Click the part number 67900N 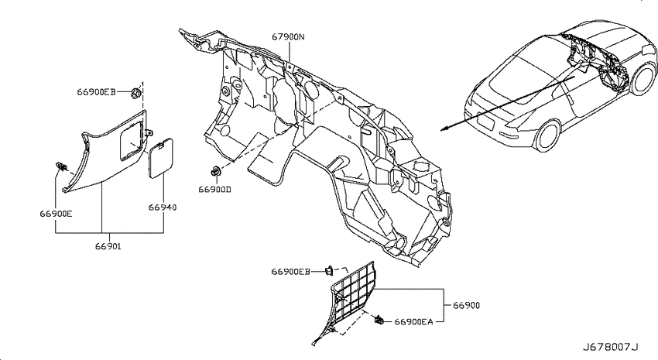click(288, 37)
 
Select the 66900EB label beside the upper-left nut click(96, 92)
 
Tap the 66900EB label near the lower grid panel click(290, 272)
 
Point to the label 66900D click(215, 190)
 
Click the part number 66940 click(163, 207)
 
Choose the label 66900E click(56, 214)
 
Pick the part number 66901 click(108, 247)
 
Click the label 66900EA click(413, 322)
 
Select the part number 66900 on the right click(466, 306)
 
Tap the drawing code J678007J click(610, 347)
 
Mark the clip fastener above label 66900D click(215, 172)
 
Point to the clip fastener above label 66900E click(61, 167)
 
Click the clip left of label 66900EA click(379, 321)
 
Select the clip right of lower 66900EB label click(330, 271)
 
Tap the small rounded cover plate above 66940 click(161, 156)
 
